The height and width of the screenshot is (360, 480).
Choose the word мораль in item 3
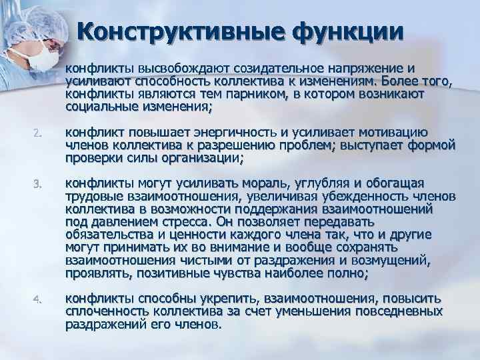[x=264, y=183]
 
